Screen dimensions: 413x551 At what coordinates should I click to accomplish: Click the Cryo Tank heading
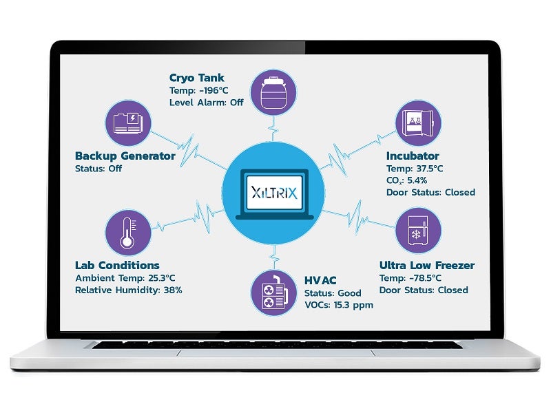[x=197, y=77]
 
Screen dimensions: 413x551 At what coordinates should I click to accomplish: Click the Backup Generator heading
[x=125, y=156]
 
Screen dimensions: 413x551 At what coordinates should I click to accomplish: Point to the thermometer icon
[x=127, y=232]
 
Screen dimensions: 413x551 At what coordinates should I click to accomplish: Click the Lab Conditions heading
[x=117, y=265]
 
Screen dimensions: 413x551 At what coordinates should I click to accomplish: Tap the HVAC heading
[x=321, y=280]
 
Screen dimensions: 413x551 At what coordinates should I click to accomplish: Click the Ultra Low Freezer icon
[x=418, y=231]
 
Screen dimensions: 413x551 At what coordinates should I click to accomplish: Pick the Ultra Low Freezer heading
[x=427, y=265]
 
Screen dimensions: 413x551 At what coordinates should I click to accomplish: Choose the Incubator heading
[x=413, y=156]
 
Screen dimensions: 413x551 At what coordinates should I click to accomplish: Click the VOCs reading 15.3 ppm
[x=355, y=305]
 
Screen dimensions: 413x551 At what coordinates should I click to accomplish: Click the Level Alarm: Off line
[x=206, y=103]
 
